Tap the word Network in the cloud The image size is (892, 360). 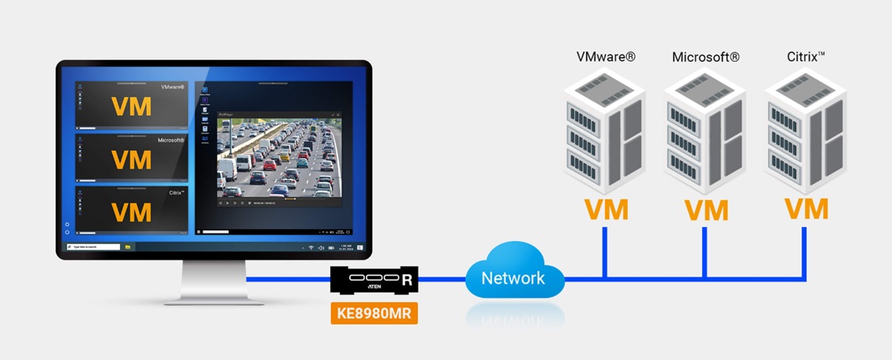[x=513, y=279]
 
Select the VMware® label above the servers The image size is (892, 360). [x=606, y=57]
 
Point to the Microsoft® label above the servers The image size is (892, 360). [x=705, y=57]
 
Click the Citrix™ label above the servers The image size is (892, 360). [x=806, y=57]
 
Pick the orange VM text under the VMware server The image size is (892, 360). [x=606, y=209]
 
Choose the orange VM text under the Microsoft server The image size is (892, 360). [x=705, y=209]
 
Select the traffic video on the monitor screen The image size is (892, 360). [x=279, y=157]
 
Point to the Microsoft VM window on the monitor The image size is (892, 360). [x=131, y=158]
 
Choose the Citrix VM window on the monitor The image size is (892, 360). [x=131, y=211]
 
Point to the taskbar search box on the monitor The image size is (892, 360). [x=97, y=246]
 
